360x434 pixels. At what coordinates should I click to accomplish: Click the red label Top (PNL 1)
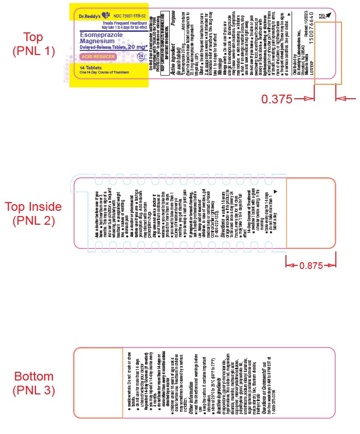pos(34,44)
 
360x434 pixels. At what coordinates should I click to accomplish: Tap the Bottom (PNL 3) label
pos(34,383)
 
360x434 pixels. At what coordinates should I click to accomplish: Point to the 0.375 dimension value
pos(277,98)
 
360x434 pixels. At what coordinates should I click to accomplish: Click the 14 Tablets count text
pos(91,67)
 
